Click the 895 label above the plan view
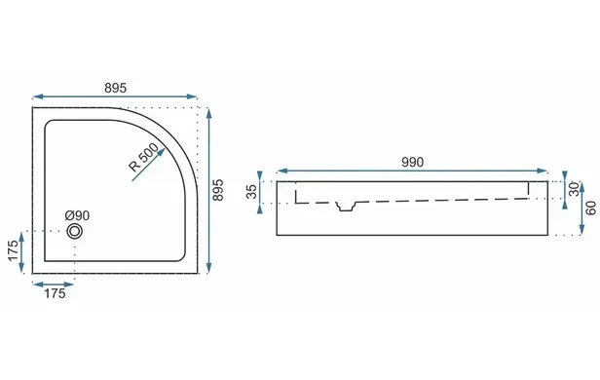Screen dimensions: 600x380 [x=115, y=88]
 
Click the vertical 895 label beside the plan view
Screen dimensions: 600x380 [x=218, y=190]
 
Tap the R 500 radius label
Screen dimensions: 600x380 [x=143, y=157]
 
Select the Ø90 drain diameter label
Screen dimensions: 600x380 [x=77, y=215]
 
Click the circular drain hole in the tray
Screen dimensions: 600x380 [x=74, y=231]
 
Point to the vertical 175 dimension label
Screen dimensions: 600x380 [x=13, y=250]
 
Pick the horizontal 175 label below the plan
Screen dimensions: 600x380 [x=55, y=293]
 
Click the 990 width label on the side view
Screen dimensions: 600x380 [x=413, y=163]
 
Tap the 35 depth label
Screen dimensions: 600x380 [x=251, y=192]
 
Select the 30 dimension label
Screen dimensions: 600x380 [x=574, y=189]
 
